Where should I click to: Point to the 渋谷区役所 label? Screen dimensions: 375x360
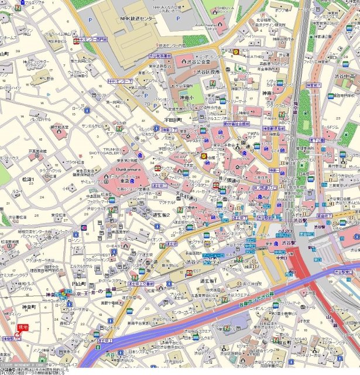tap(207, 71)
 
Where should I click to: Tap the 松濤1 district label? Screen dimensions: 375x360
tap(28, 179)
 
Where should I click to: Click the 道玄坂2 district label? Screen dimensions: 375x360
tap(161, 215)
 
